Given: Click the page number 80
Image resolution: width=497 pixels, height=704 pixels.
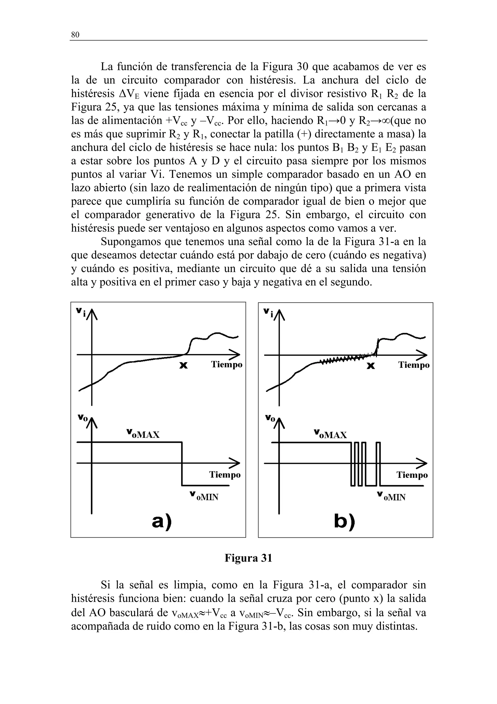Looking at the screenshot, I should [75, 35].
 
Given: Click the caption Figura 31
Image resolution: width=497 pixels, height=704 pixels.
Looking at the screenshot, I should [248, 558].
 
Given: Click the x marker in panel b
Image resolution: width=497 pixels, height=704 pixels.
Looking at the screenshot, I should [371, 366].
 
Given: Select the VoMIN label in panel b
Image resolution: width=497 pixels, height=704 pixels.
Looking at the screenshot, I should [392, 496].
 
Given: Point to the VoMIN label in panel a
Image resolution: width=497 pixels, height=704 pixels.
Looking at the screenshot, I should [204, 496].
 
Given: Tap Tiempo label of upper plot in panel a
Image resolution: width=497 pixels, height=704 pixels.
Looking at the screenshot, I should [227, 365].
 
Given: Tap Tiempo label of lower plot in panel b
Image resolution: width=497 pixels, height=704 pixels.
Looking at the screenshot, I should [412, 475].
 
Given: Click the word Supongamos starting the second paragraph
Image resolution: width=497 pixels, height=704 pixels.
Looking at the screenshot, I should [131, 242].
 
